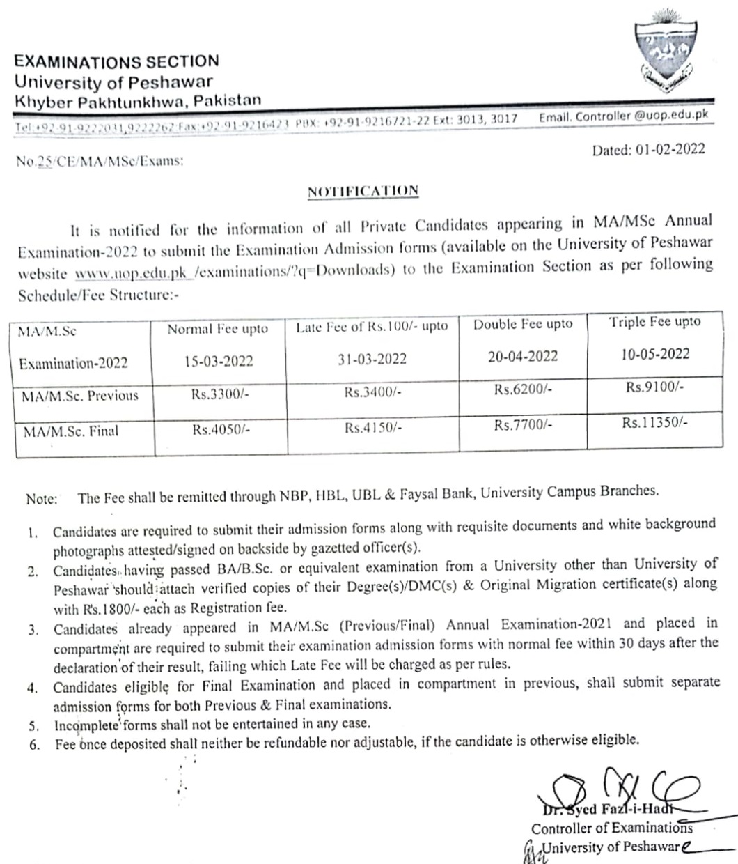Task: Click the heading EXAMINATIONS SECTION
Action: pos(116,62)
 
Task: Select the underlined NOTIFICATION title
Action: pos(363,190)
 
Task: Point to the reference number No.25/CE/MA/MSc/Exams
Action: pos(100,161)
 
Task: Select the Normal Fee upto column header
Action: pos(217,330)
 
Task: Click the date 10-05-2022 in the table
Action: pos(655,353)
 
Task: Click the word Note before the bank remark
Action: pos(41,499)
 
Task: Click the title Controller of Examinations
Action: pos(611,828)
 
